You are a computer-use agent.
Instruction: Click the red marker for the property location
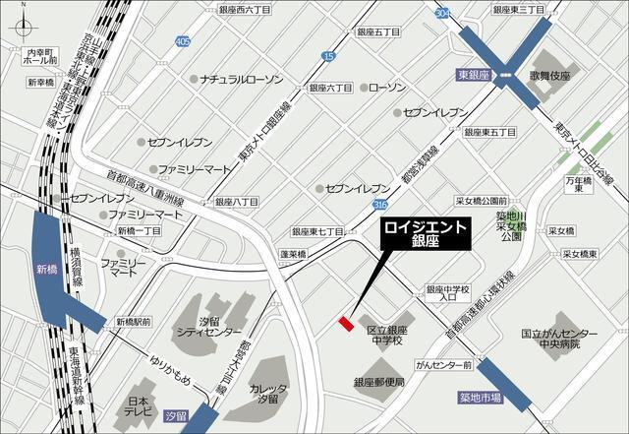pyautogui.click(x=344, y=322)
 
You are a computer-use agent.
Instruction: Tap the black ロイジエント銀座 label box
pyautogui.click(x=425, y=232)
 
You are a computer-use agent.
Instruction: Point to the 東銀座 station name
pyautogui.click(x=474, y=74)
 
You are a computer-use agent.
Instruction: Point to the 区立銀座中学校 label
pyautogui.click(x=385, y=336)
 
